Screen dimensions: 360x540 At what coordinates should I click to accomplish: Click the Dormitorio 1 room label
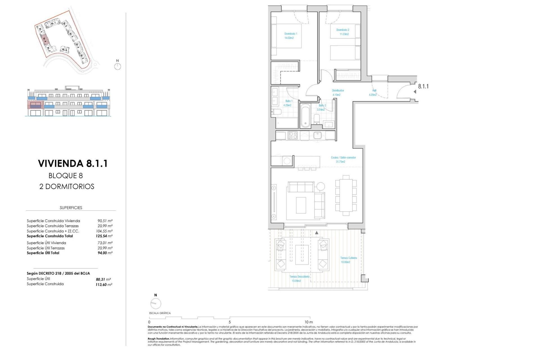point(291,36)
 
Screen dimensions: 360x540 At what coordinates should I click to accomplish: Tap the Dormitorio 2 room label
point(343,32)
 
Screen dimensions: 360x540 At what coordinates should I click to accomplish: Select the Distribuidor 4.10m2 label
point(337,93)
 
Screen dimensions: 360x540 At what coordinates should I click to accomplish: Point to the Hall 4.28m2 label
point(373,93)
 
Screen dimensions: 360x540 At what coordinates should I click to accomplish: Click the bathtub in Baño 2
point(305,115)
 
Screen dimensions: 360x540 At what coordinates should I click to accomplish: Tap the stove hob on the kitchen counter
point(293,136)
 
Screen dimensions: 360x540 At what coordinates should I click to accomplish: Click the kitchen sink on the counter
point(318,136)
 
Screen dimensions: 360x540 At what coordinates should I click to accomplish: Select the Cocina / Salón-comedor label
point(343,159)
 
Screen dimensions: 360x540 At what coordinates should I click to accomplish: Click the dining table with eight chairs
point(346,195)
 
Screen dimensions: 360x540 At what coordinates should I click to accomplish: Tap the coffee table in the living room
point(301,205)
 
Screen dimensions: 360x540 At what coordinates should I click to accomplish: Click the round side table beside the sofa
point(320,186)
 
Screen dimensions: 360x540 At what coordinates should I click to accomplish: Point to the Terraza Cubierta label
point(348,260)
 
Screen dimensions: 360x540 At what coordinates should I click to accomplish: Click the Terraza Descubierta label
point(299,278)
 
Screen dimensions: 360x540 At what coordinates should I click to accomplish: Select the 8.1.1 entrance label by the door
point(423,86)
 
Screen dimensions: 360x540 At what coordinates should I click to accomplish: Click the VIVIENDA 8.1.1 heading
point(73,163)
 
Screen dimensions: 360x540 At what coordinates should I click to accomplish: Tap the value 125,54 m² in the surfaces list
point(104,236)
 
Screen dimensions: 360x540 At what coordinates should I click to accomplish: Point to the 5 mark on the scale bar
point(230,322)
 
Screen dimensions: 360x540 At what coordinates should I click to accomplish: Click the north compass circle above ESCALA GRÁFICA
point(156,303)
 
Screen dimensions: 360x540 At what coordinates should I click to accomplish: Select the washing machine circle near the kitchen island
point(287,161)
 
